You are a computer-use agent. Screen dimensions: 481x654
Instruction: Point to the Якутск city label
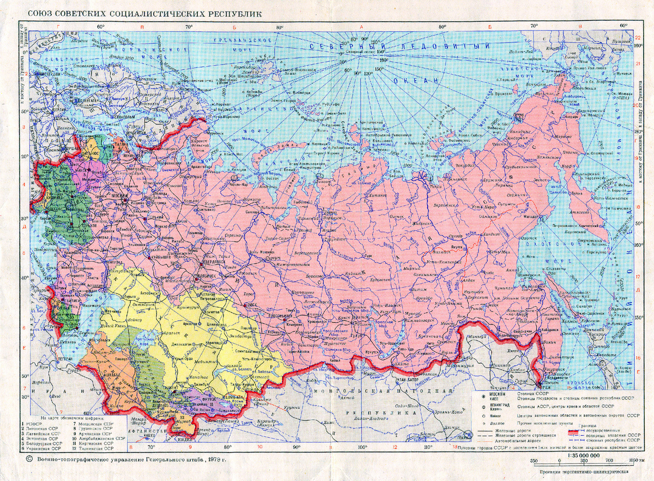tap(440, 246)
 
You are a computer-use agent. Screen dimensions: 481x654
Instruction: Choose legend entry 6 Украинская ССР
tap(38, 448)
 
